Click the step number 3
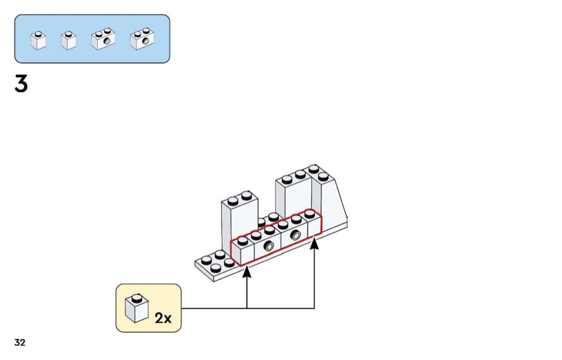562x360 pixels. pos(21,84)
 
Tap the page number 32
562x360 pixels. pos(20,343)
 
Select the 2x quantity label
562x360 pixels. pos(163,318)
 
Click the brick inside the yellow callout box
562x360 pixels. pos(136,309)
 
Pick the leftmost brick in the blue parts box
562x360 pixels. pos(38,41)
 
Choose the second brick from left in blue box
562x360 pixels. pos(69,41)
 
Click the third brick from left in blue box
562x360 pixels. pos(104,40)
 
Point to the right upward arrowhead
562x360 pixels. pos(314,243)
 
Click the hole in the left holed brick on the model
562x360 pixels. pos(269,247)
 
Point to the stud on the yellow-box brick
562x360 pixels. pos(136,298)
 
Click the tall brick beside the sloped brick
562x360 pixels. pos(293,195)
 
